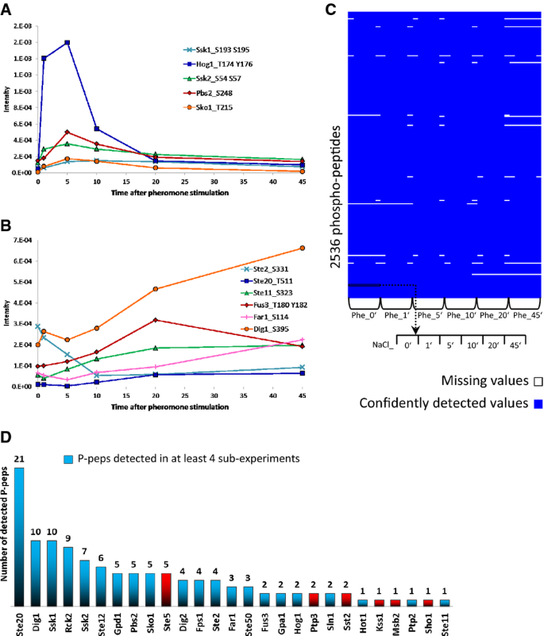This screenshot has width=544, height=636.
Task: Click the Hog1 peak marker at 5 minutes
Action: (68, 43)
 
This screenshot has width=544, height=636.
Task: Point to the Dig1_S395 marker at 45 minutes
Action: (280, 248)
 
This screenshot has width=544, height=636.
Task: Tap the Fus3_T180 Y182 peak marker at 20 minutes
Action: (155, 320)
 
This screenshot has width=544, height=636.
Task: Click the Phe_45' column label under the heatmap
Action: (524, 315)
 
